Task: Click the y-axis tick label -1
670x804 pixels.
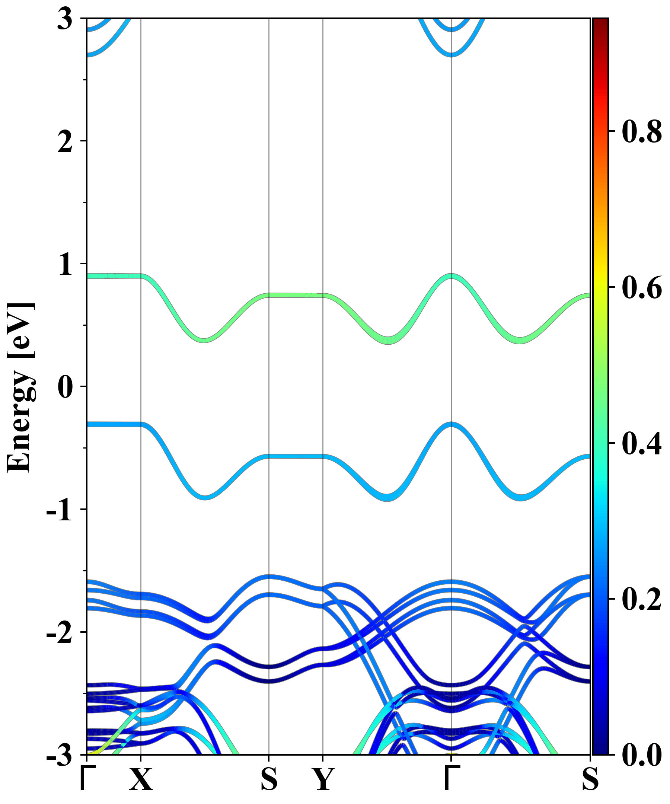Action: click(59, 510)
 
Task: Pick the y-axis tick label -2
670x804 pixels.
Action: click(59, 632)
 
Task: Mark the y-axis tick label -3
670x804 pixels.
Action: click(59, 755)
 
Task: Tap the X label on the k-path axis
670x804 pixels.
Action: click(141, 779)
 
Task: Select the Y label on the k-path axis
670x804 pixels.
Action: click(323, 779)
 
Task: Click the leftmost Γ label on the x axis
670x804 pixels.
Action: click(87, 779)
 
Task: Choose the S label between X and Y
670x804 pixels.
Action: click(269, 779)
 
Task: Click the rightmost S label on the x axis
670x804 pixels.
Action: click(590, 779)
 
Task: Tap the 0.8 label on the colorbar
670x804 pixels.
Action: click(642, 131)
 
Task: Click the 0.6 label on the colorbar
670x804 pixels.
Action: click(642, 287)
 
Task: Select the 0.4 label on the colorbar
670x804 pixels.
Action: click(642, 443)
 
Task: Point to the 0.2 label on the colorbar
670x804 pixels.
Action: click(642, 599)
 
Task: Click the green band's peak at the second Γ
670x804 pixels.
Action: click(452, 276)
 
